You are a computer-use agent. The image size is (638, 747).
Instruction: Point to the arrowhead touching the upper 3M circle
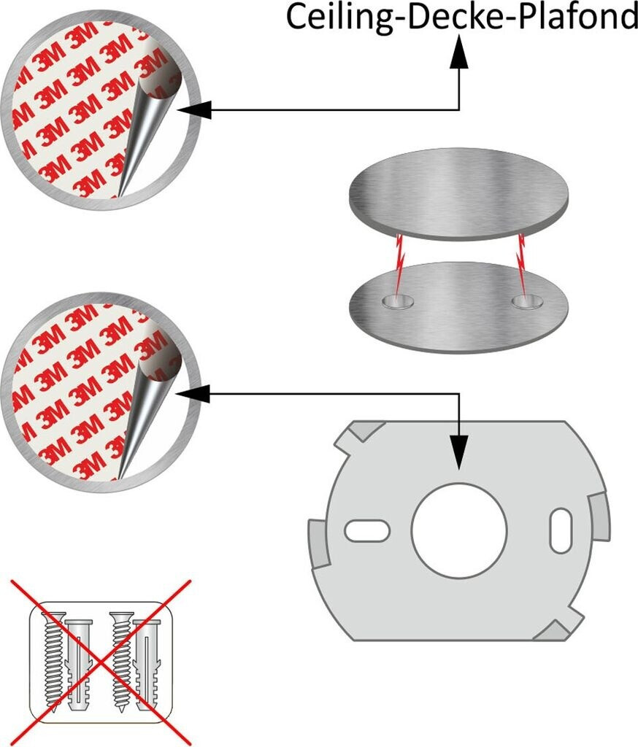click(193, 110)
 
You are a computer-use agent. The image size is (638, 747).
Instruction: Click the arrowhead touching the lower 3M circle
click(193, 394)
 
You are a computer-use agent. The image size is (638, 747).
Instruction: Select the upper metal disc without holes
click(458, 193)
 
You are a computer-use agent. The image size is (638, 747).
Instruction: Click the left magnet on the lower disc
click(398, 301)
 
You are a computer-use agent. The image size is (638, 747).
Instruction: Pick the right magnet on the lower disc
click(527, 301)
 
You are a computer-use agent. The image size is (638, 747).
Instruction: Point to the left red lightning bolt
click(399, 265)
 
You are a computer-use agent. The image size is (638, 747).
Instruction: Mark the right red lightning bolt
click(522, 265)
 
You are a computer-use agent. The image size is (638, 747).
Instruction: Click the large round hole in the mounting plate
click(458, 531)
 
